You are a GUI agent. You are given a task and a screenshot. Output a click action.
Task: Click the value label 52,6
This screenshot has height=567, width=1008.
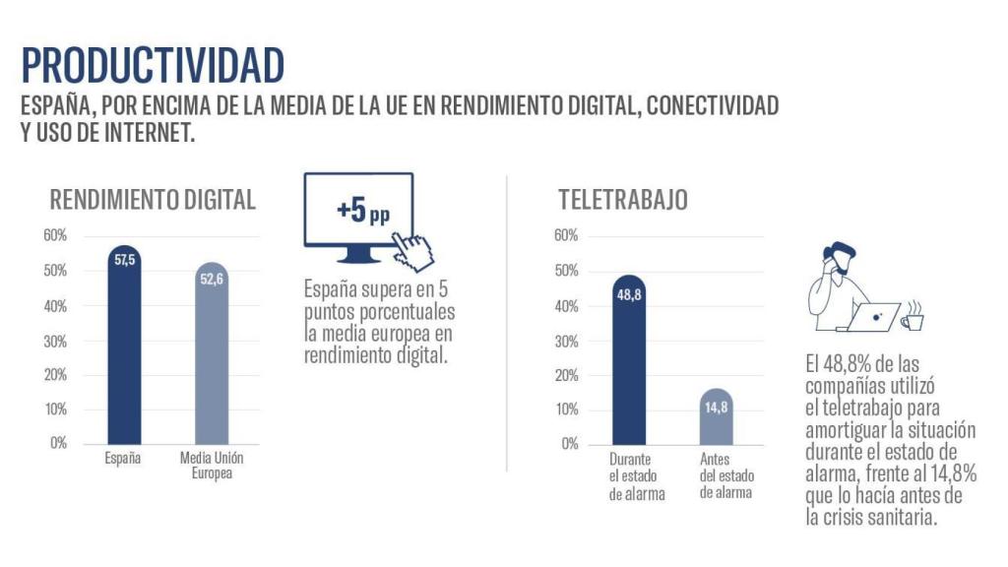(x=212, y=280)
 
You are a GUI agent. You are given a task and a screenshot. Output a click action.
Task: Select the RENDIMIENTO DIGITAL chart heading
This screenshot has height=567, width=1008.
(x=153, y=200)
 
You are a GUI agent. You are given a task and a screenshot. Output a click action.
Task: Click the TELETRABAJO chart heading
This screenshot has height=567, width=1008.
(x=622, y=200)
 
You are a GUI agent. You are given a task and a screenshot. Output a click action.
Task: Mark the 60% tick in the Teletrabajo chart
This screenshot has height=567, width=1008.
(x=566, y=235)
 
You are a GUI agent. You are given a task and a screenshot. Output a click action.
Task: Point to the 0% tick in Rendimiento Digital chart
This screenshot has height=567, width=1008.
(x=58, y=443)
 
